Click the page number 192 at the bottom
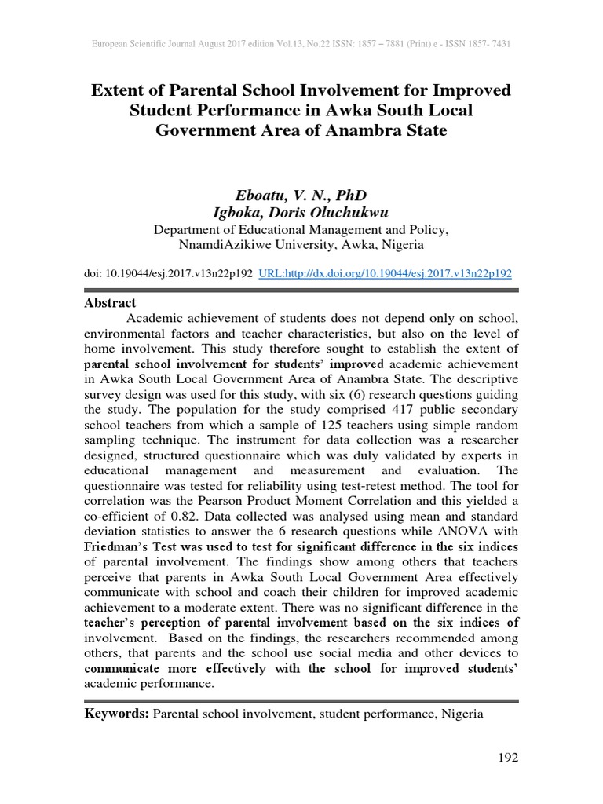[508, 758]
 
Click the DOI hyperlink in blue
[385, 273]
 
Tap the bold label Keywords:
[116, 714]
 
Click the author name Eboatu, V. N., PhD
[301, 195]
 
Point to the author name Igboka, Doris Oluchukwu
[301, 213]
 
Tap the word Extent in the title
[119, 90]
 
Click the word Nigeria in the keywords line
[462, 714]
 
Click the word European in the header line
[109, 44]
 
